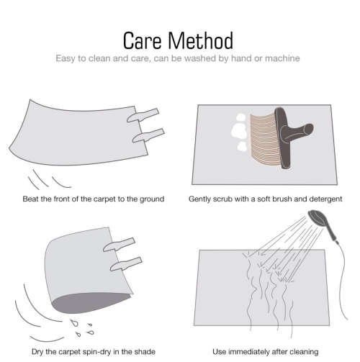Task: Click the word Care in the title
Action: coord(142,41)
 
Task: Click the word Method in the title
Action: coord(201,40)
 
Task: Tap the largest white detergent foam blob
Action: coord(239,131)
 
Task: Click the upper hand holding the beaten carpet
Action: coord(143,115)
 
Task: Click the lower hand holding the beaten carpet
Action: coord(148,135)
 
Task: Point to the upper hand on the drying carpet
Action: coord(119,245)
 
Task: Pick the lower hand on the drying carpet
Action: coord(126,264)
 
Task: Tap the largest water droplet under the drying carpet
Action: coord(75,323)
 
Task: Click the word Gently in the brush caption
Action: coord(197,199)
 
